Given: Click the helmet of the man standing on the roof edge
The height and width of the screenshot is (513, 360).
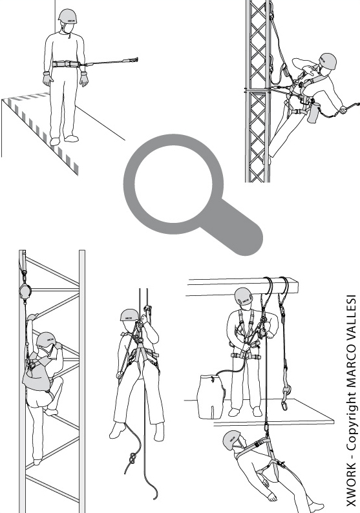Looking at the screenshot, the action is point(67,16).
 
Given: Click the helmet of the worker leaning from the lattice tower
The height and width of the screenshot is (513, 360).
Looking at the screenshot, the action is point(327,61).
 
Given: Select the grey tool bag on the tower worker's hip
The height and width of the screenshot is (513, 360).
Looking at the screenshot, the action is point(313,112).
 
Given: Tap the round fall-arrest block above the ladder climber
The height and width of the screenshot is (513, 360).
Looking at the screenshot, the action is point(25,290).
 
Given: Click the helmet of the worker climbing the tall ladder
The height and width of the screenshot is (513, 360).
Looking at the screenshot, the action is point(46,340).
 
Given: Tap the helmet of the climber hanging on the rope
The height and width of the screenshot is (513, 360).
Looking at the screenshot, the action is point(130,315).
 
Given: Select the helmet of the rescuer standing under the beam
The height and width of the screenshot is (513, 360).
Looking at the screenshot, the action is point(244,296).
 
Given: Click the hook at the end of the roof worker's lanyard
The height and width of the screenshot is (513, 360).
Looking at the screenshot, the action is point(134,60).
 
